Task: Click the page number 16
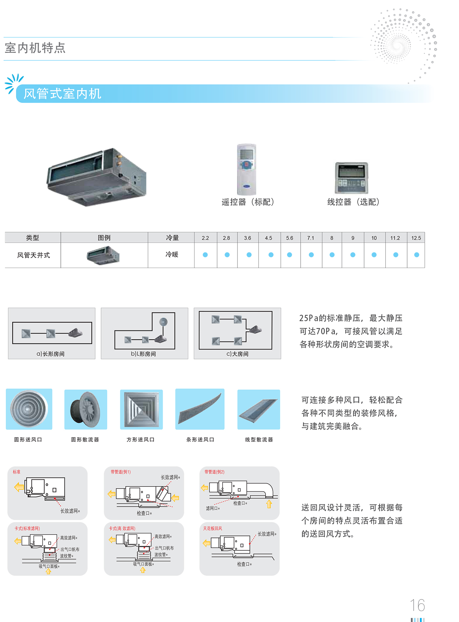pos(417,605)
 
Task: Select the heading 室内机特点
pos(35,48)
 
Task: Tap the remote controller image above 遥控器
pos(246,169)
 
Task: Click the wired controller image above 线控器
pos(352,178)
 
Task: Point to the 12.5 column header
pos(416,238)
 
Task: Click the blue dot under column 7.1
pos(311,255)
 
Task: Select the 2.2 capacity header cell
pos(205,238)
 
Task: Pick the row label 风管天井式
pos(33,255)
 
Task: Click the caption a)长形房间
pos(51,354)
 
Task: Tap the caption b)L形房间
pos(143,354)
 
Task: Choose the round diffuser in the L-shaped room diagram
pos(163,322)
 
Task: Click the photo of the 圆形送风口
pos(29,409)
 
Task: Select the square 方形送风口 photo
pos(141,409)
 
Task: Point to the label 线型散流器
pos(259,439)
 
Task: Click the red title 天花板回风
pos(212,528)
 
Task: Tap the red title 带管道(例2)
pos(214,472)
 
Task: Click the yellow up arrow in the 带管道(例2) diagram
pos(269,504)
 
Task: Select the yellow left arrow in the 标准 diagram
pos(19,487)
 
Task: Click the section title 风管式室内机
pos(62,94)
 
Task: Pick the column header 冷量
pos(172,238)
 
